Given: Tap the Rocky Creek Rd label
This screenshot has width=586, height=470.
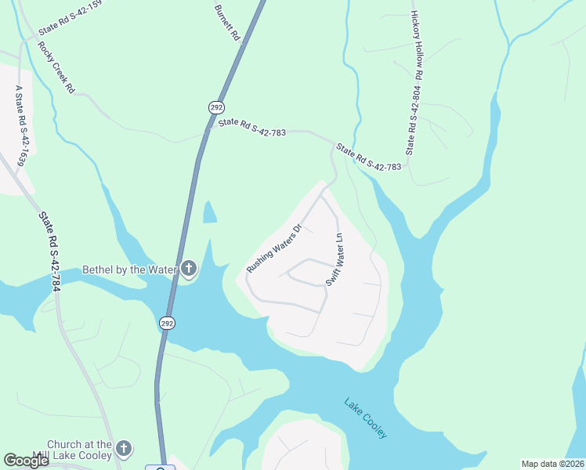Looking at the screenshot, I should [x=55, y=67].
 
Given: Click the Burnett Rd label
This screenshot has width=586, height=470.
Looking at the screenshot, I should [x=226, y=21].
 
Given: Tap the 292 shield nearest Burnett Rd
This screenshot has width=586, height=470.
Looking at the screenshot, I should [x=215, y=107].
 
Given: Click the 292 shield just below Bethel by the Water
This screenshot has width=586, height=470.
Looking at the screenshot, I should [x=168, y=323].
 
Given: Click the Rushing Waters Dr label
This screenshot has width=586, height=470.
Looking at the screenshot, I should [x=274, y=249].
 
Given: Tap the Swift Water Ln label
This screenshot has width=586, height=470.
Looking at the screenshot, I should [x=334, y=259].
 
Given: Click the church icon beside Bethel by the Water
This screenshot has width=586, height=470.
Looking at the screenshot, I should [x=188, y=269].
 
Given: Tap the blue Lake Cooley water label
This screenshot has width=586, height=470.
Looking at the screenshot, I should [x=366, y=418].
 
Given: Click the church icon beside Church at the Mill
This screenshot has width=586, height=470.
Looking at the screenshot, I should [x=123, y=449].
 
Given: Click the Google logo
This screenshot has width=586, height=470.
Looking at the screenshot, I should [x=26, y=461].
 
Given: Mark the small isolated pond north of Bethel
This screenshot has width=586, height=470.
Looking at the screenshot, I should [x=209, y=212].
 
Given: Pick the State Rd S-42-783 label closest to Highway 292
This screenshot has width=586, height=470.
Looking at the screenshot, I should [x=251, y=128].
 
